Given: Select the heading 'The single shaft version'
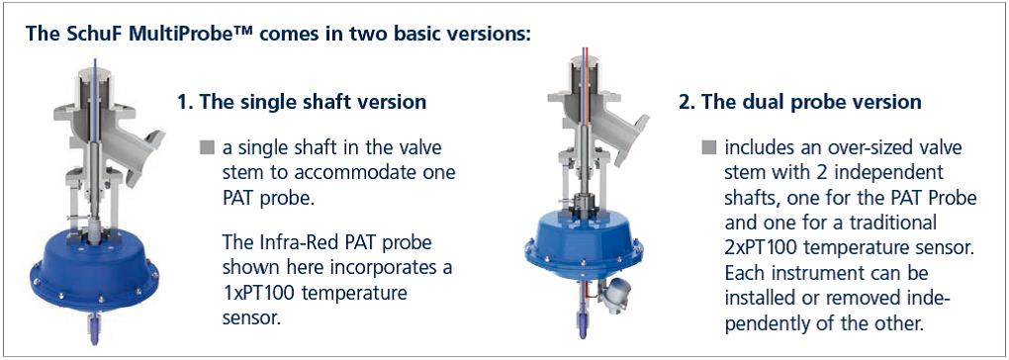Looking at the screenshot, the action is pyautogui.click(x=311, y=102).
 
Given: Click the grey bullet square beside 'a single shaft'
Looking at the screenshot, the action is pyautogui.click(x=207, y=148).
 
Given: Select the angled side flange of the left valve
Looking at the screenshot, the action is pyautogui.click(x=146, y=153).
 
